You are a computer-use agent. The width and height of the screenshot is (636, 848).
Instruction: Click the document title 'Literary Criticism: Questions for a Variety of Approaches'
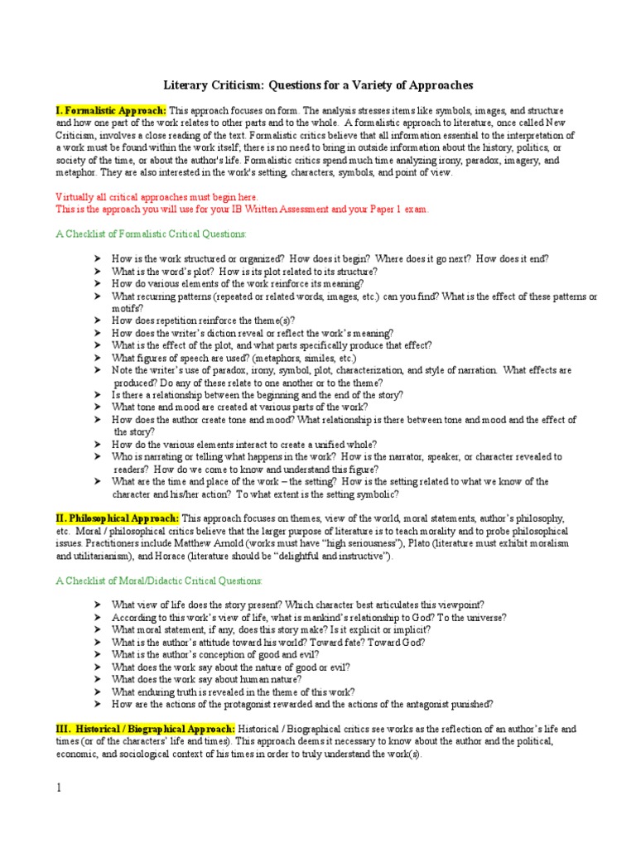pos(317,85)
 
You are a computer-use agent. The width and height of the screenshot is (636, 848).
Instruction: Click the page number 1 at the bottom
pos(59,788)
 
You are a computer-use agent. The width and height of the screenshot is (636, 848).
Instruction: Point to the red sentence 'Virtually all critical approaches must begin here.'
pos(157,197)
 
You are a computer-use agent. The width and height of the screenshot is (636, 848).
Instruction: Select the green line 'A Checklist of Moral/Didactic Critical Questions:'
pos(159,581)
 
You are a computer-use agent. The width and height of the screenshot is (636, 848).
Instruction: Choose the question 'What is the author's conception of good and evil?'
pos(216,654)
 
